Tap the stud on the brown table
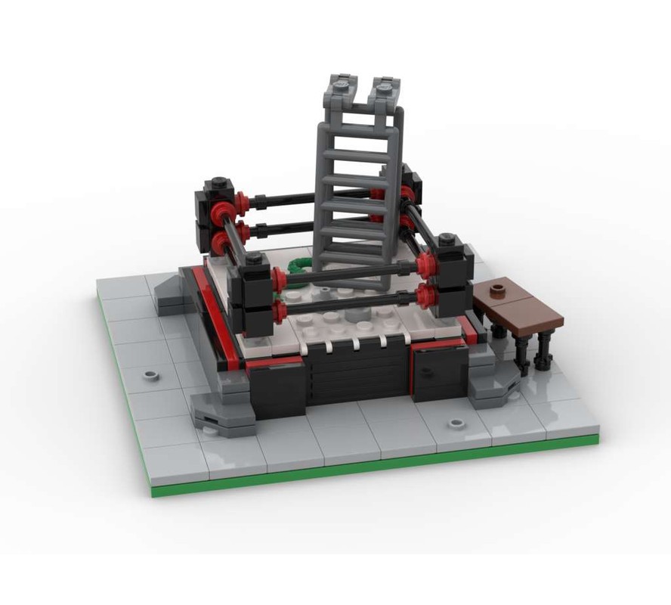coord(498,289)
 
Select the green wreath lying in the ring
coord(298,265)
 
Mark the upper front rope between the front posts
coord(348,274)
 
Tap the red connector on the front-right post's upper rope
coord(425,265)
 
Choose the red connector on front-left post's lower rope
coord(279,311)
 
